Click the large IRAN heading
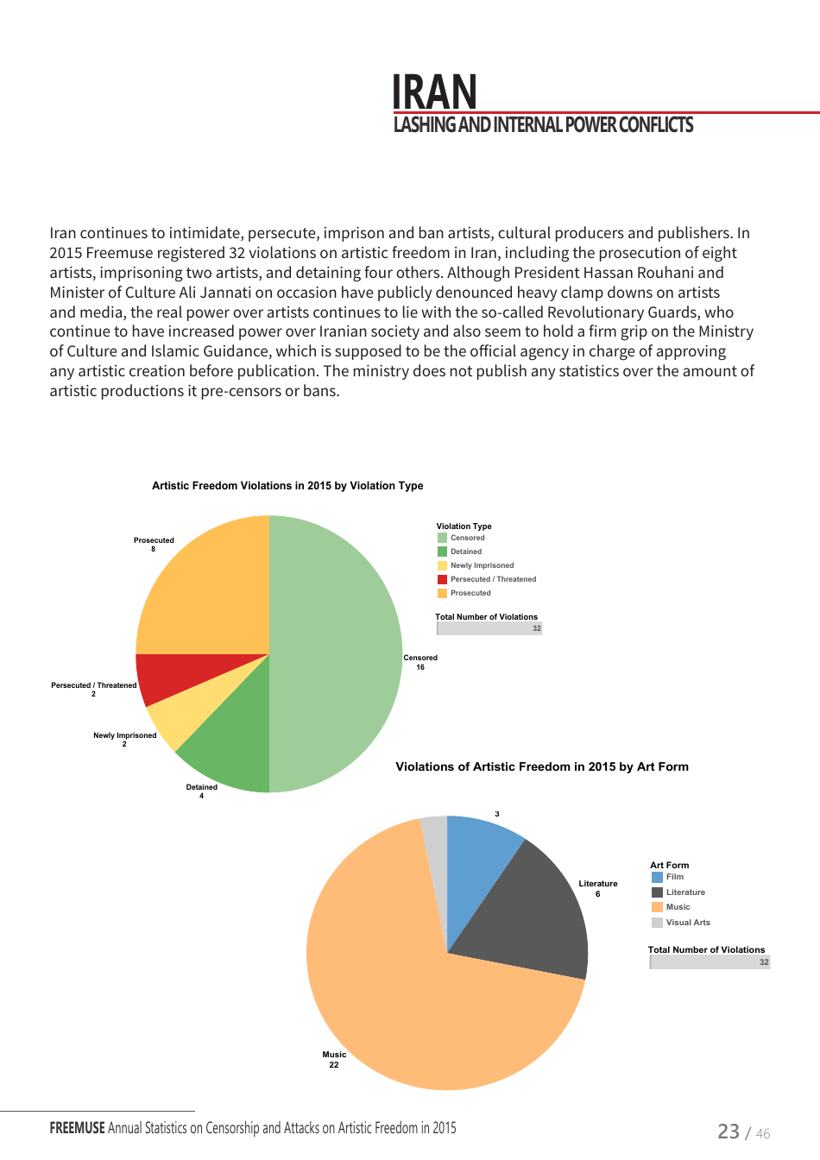pos(434,91)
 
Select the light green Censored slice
pos(337,653)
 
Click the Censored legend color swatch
pos(442,538)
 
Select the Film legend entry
pos(674,877)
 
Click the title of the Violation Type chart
pos(287,486)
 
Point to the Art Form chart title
pos(542,766)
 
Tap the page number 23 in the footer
pos(729,1131)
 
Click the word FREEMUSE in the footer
pos(77,1128)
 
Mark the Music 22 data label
pos(334,1059)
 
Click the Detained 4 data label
pos(202,791)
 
